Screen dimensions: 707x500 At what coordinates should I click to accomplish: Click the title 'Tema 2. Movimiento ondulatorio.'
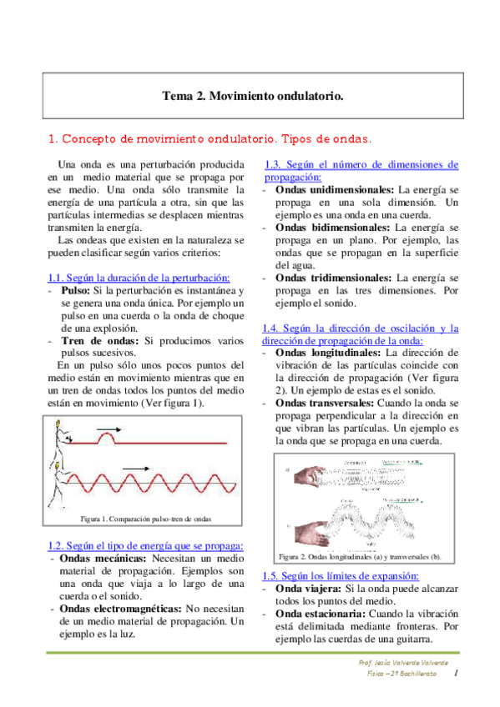pos(252,97)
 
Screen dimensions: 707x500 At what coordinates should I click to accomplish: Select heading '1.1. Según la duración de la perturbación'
pos(139,277)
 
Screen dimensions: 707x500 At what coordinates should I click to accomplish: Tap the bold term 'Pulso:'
pos(76,290)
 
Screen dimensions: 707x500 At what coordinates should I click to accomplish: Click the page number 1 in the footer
pos(457,672)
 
